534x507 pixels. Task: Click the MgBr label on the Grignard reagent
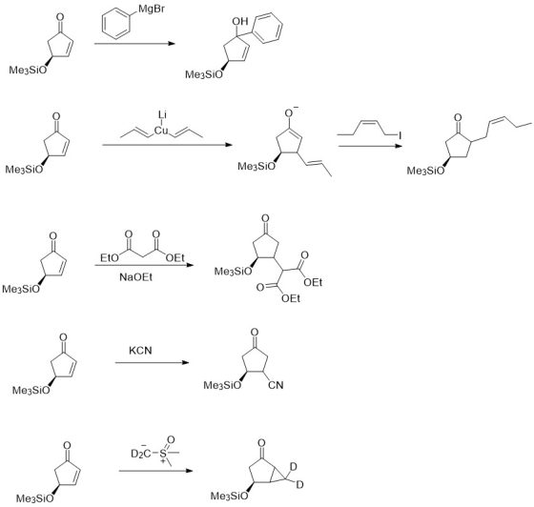pos(152,9)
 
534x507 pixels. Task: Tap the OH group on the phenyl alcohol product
pos(240,21)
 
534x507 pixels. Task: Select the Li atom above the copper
pos(162,115)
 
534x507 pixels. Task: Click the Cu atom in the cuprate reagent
pos(161,131)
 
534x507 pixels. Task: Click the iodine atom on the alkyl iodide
pos(400,135)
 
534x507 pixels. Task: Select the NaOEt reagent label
pos(135,277)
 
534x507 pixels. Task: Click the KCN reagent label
pos(140,350)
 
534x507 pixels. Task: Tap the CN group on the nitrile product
pos(276,385)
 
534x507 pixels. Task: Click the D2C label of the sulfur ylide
pos(141,454)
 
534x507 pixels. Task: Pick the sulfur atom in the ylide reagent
pos(163,454)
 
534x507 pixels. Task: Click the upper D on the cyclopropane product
pos(294,467)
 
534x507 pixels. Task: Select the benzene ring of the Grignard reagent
pos(116,26)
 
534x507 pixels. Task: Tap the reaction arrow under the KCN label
pos(152,363)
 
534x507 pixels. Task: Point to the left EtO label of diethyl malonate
pos(110,258)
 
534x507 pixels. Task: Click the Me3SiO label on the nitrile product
pos(222,386)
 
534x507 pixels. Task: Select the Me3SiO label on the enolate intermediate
pos(257,167)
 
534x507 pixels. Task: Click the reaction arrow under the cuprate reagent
pos(167,145)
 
